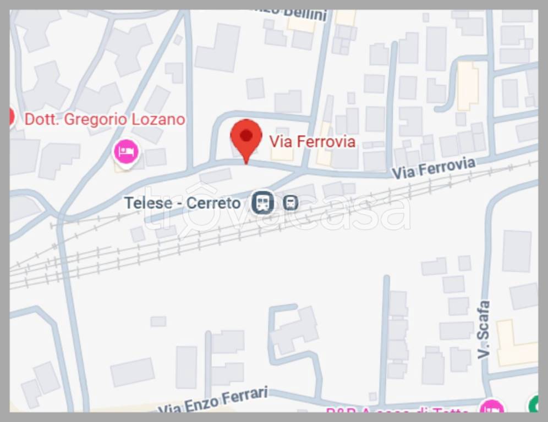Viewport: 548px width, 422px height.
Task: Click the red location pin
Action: pos(246,137)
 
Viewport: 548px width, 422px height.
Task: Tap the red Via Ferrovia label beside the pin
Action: pos(312,142)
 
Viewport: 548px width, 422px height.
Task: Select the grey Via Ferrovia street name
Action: pos(433,168)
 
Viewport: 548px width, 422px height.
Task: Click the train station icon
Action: pos(263,203)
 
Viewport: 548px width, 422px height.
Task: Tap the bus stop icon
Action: pos(291,203)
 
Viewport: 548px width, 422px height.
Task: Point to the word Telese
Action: pos(148,203)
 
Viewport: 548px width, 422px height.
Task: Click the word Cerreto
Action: pos(213,203)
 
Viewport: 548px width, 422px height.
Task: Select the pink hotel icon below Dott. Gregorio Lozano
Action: pos(126,151)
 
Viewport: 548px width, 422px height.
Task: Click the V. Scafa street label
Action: pos(484,330)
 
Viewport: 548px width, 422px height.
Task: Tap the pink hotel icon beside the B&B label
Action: pos(491,408)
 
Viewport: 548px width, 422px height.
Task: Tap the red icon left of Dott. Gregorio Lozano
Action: pos(11,116)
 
